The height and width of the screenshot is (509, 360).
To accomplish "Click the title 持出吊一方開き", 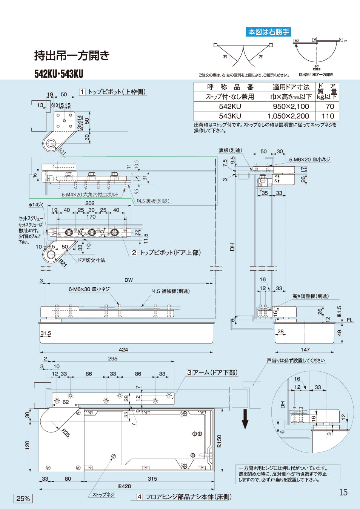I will click(x=72, y=56).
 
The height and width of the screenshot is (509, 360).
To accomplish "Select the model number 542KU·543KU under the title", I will click(x=59, y=74).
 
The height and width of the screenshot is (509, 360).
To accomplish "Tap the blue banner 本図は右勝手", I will click(x=268, y=32).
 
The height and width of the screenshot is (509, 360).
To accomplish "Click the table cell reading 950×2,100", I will click(x=291, y=107).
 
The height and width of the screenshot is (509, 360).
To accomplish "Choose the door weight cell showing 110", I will click(x=328, y=116).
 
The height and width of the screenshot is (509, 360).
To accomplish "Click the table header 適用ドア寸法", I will click(x=291, y=87).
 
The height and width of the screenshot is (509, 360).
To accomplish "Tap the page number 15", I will click(x=343, y=492).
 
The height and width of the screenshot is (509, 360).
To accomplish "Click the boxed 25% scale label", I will click(x=23, y=498).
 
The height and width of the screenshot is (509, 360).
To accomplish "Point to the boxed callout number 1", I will click(x=82, y=92).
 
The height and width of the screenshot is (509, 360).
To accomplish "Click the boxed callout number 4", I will click(x=139, y=497).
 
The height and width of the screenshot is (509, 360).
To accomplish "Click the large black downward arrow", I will click(x=245, y=419).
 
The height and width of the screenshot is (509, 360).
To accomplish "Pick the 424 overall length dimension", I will click(x=123, y=350).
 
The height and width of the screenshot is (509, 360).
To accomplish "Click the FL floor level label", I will click(x=349, y=320).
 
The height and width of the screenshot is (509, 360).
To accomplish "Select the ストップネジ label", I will click(x=103, y=494).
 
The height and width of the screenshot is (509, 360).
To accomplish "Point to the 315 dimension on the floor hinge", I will click(x=152, y=479).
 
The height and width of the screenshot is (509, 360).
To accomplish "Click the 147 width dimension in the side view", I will click(x=305, y=350).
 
